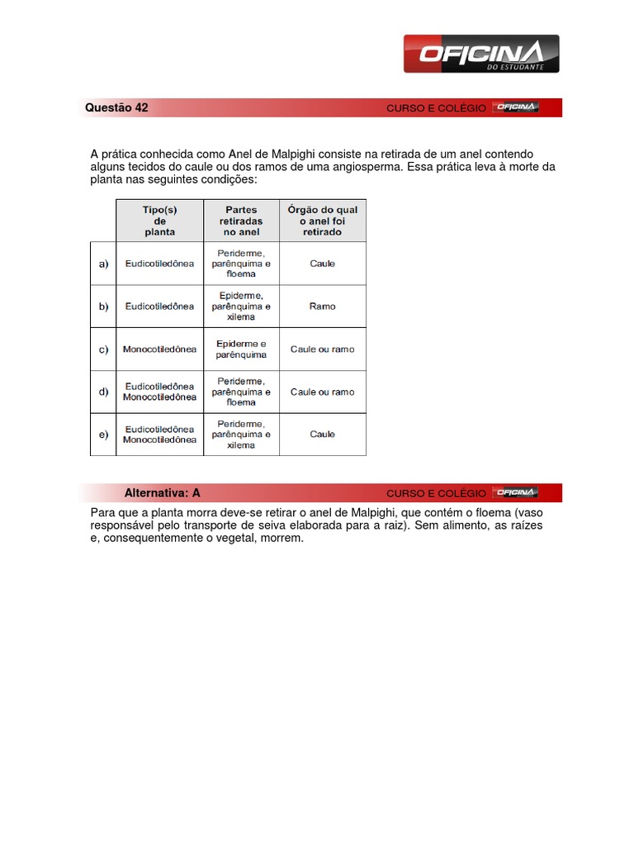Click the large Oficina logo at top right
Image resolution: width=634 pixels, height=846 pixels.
click(480, 55)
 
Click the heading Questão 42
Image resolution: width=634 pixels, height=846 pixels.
click(117, 107)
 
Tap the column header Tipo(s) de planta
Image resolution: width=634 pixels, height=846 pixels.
click(159, 221)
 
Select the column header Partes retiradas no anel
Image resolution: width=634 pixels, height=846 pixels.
click(241, 221)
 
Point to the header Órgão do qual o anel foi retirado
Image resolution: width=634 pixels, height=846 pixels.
click(322, 221)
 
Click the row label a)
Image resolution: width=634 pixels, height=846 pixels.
click(103, 264)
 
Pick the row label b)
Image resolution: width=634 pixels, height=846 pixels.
click(103, 307)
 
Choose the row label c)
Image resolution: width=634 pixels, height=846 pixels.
click(103, 349)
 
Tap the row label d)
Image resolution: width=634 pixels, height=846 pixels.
click(103, 392)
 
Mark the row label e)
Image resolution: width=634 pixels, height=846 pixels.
click(103, 435)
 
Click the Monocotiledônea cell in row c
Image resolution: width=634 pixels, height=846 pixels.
click(159, 349)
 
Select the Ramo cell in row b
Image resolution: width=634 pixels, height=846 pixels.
click(322, 307)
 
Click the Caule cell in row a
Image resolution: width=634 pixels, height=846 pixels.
click(322, 264)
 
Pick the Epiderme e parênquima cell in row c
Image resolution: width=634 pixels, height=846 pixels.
click(241, 349)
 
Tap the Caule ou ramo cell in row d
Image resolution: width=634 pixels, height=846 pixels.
click(322, 392)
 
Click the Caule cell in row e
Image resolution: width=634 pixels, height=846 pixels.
click(322, 435)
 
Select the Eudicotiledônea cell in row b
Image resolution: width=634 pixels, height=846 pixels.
click(159, 307)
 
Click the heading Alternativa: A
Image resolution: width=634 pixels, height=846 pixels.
click(162, 493)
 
